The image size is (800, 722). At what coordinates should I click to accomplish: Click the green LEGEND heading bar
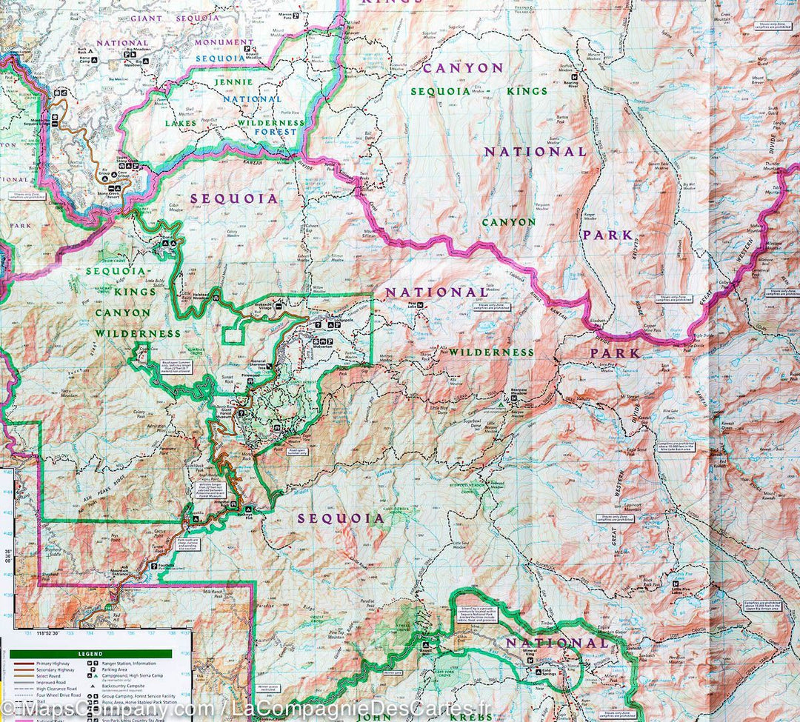pyautogui.click(x=90, y=654)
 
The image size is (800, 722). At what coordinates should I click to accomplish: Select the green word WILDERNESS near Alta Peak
pyautogui.click(x=490, y=352)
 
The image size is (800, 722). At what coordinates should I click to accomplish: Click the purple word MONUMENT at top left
pyautogui.click(x=224, y=42)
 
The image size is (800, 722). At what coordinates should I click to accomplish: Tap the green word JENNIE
pyautogui.click(x=233, y=81)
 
